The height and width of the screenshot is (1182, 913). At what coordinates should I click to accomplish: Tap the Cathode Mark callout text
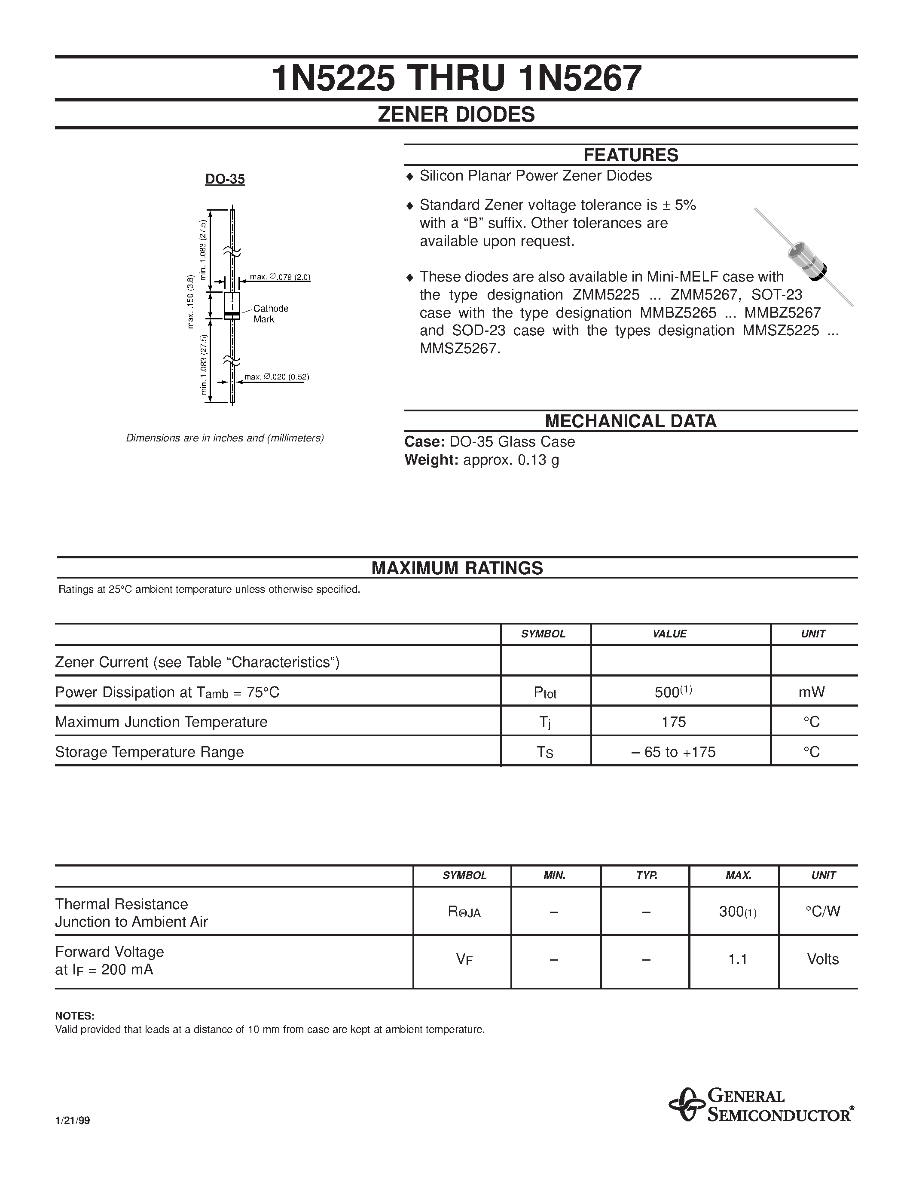[270, 314]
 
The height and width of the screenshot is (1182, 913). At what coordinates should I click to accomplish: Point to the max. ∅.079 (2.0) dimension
[280, 277]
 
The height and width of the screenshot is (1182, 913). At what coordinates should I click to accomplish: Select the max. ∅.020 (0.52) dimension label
[276, 377]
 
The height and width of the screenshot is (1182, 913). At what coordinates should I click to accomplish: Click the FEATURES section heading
[630, 155]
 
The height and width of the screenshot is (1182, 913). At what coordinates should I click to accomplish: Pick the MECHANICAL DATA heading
[630, 421]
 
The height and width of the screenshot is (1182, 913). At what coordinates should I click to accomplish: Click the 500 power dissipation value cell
[672, 692]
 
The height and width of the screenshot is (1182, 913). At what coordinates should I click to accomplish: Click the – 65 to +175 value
[673, 752]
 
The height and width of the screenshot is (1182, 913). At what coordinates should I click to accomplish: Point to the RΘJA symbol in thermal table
[464, 912]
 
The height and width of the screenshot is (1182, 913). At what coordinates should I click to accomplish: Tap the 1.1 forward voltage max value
[737, 959]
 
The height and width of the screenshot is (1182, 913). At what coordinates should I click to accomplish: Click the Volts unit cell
[822, 959]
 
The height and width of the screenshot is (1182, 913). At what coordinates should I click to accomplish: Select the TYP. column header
[646, 875]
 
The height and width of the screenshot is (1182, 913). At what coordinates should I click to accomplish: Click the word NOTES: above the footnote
[75, 1015]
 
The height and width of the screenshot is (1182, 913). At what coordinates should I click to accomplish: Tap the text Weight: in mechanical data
[431, 460]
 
